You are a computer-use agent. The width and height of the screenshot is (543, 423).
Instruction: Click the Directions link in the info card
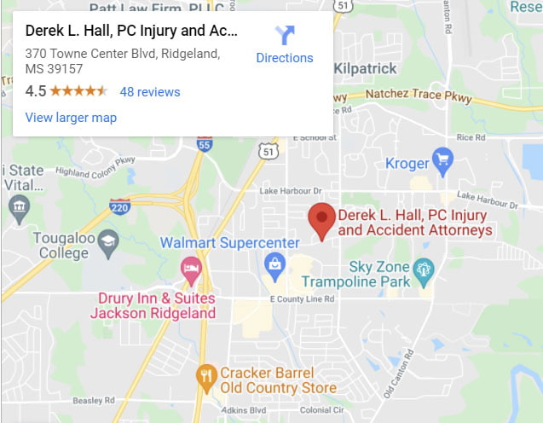(x=284, y=58)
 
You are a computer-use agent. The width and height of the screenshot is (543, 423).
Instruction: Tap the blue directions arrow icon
(x=284, y=35)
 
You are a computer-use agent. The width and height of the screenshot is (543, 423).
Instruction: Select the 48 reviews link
(x=150, y=91)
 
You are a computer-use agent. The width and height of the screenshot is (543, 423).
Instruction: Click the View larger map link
(x=71, y=118)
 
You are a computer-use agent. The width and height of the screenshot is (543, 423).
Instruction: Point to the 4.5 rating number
(x=35, y=91)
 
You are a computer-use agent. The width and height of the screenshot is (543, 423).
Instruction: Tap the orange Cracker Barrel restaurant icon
(x=205, y=374)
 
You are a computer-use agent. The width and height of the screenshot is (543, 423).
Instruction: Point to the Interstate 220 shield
(x=120, y=206)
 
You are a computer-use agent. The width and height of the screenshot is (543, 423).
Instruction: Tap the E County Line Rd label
(x=302, y=298)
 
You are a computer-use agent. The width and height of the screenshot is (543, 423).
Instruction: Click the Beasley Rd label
(x=94, y=400)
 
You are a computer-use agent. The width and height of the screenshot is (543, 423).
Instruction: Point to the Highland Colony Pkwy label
(x=95, y=165)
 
